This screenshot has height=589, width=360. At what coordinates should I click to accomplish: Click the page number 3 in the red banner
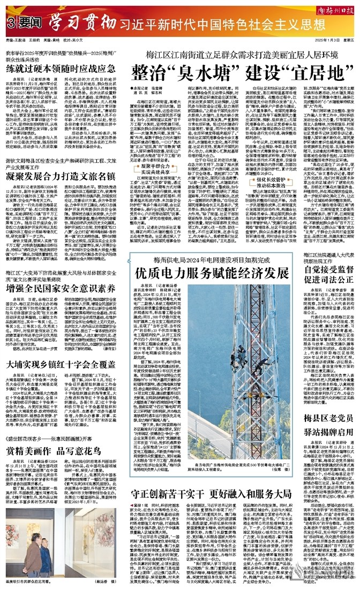click(10, 24)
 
